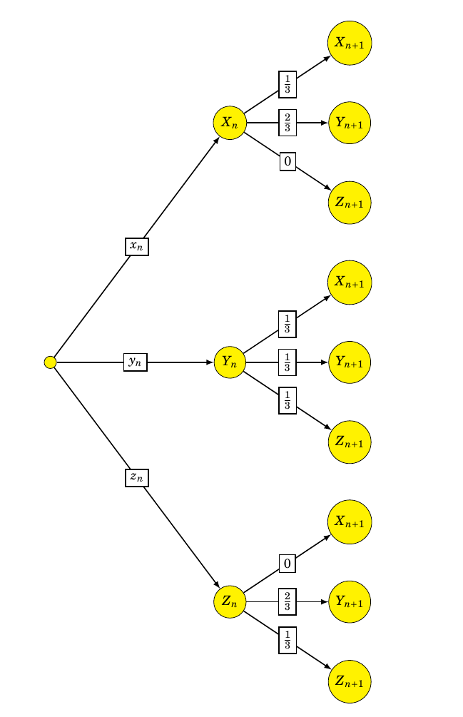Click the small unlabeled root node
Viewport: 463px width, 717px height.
pos(50,362)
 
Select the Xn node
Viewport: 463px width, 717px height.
pos(230,123)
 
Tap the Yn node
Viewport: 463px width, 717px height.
pos(230,362)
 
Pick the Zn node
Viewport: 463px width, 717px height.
pos(230,601)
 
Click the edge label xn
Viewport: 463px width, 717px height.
pos(137,246)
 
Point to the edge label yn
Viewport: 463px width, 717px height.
pos(136,362)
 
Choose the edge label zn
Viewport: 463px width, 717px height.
pos(137,477)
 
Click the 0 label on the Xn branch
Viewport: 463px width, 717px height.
pos(288,161)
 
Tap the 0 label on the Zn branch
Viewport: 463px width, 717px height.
pos(288,564)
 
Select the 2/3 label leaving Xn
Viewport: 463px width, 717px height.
pos(288,123)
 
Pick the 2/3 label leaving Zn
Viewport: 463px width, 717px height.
pos(288,601)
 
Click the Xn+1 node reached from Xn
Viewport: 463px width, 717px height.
pos(350,43)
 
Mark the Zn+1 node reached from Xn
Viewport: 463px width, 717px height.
pos(350,203)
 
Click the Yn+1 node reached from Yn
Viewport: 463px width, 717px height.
pos(350,362)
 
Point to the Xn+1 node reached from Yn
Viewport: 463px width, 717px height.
pos(350,283)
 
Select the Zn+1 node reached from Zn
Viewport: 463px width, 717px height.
pos(350,681)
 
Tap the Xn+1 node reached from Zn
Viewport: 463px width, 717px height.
pos(350,522)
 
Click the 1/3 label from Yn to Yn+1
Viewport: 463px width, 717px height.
pos(288,362)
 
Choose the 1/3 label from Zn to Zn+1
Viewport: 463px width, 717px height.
pos(288,640)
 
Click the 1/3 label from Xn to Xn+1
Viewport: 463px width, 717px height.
pos(288,84)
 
